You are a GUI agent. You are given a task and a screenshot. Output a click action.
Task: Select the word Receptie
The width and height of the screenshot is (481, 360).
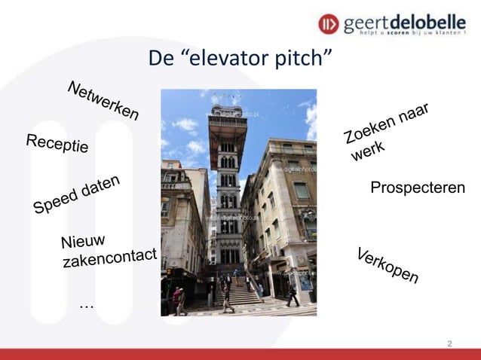tap(57, 143)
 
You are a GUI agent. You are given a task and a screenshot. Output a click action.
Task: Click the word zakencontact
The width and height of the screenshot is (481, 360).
tap(109, 258)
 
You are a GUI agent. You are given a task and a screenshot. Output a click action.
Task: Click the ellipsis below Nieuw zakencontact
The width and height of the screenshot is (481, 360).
tap(86, 304)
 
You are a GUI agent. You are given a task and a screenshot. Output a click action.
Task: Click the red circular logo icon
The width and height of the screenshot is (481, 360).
tap(329, 24)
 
